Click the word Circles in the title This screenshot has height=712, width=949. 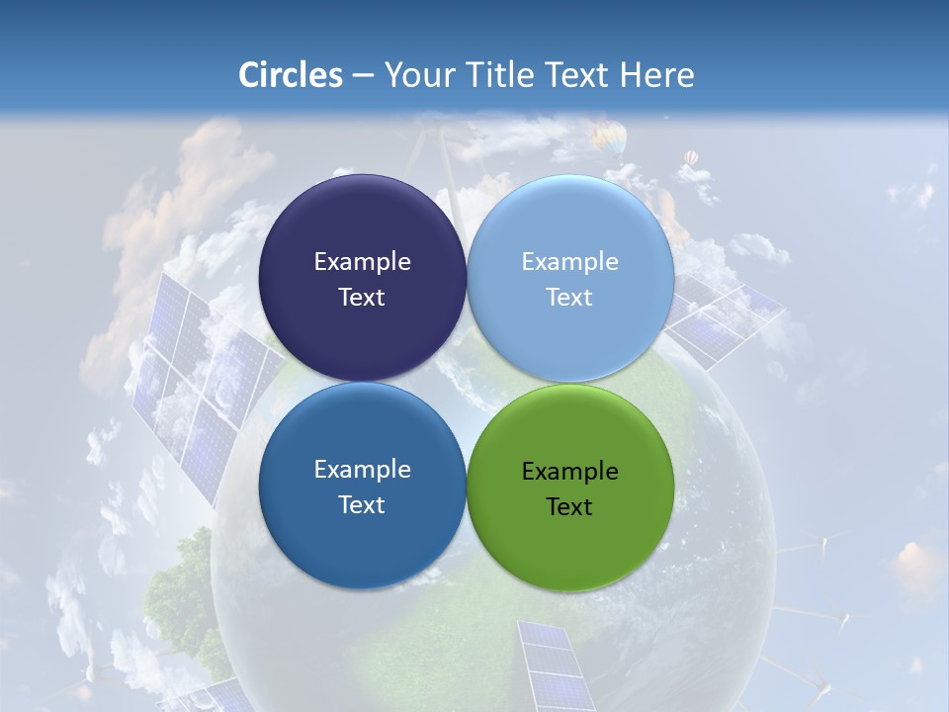(291, 75)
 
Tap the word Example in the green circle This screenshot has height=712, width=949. (570, 472)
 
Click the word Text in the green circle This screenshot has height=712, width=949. (569, 507)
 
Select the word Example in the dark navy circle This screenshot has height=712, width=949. (362, 262)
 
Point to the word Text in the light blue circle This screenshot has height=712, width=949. (569, 298)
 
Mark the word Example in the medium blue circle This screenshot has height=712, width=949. (362, 470)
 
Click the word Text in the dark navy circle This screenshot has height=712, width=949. (362, 298)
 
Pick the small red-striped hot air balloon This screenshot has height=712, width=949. (691, 158)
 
